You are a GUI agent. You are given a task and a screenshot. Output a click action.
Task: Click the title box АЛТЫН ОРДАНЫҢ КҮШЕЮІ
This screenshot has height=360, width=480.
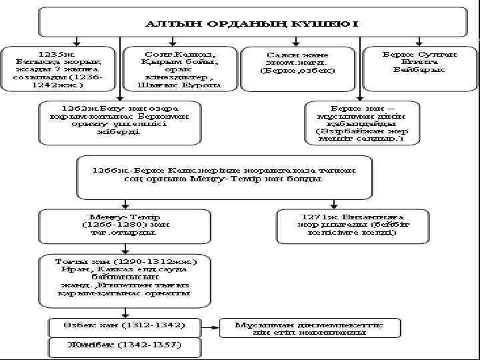click(x=252, y=22)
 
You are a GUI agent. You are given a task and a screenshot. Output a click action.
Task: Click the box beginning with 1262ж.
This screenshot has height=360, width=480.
click(x=120, y=122)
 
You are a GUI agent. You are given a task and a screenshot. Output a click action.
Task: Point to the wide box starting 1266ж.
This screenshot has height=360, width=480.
click(x=224, y=177)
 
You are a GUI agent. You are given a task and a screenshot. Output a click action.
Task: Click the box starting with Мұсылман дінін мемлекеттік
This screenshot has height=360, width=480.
click(x=311, y=327)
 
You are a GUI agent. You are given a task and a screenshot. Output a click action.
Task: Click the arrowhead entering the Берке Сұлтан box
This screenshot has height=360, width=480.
click(x=419, y=42)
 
